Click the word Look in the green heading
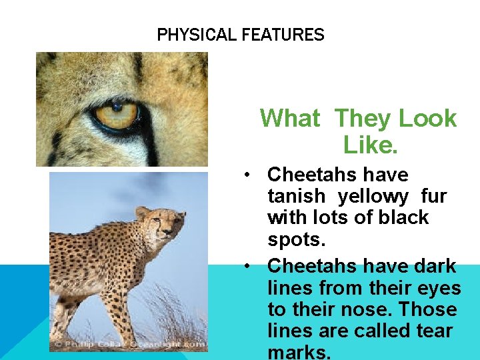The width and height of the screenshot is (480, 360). (427, 119)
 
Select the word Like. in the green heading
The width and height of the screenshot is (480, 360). (370, 143)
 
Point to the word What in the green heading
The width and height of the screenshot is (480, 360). (290, 119)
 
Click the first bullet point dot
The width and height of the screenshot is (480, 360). (247, 175)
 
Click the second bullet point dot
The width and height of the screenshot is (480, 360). (247, 267)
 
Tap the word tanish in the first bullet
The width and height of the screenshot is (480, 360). (296, 197)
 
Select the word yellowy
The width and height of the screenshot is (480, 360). (374, 197)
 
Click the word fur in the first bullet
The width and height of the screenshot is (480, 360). (434, 197)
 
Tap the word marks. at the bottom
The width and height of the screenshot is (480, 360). (299, 351)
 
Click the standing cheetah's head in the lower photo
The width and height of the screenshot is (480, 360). (160, 223)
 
